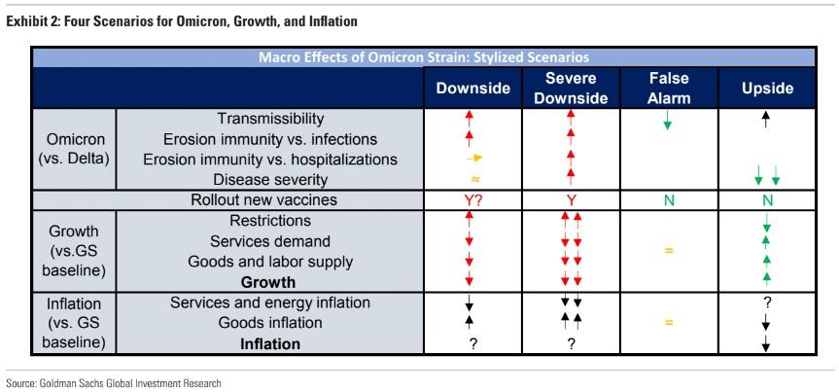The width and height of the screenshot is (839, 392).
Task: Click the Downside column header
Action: pyautogui.click(x=472, y=88)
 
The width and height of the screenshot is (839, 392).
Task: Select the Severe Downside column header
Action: pyautogui.click(x=571, y=88)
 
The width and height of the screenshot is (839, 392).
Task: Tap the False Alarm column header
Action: pyautogui.click(x=668, y=88)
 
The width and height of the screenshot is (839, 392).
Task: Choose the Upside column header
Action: pyautogui.click(x=767, y=88)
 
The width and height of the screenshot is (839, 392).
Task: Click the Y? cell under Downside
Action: pyautogui.click(x=472, y=200)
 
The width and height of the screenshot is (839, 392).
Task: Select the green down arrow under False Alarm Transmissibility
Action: pyautogui.click(x=668, y=123)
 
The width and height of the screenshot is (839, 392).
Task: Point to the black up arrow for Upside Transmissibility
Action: pyautogui.click(x=767, y=120)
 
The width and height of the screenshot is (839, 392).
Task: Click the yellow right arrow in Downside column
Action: pyautogui.click(x=473, y=159)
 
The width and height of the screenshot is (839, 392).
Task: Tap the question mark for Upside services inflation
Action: pyautogui.click(x=767, y=303)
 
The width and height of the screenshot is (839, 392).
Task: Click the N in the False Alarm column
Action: pyautogui.click(x=668, y=200)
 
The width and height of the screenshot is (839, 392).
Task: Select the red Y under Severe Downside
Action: pyautogui.click(x=571, y=200)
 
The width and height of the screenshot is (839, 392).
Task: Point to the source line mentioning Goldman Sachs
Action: pyautogui.click(x=114, y=383)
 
